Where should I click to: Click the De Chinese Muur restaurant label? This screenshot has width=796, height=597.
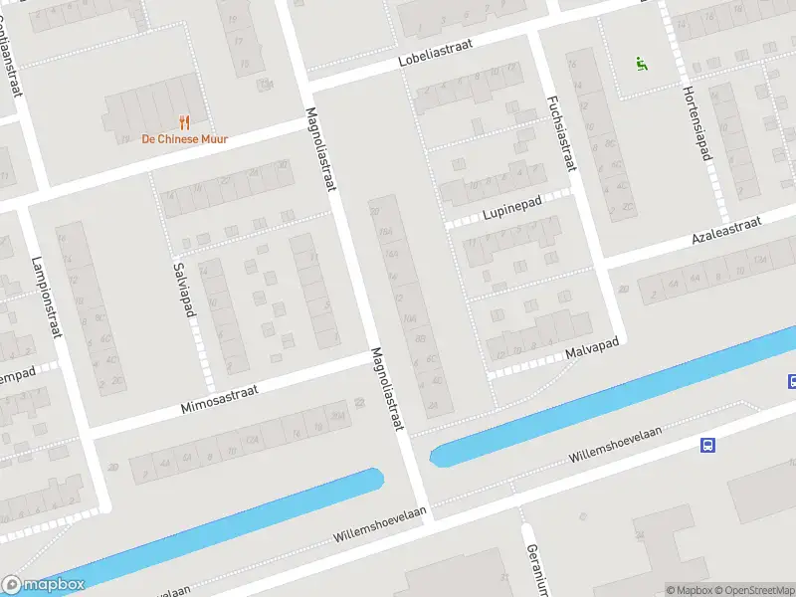click(x=184, y=139)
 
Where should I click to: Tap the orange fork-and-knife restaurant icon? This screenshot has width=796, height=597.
click(x=184, y=122)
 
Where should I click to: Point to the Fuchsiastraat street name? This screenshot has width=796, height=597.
click(x=561, y=134)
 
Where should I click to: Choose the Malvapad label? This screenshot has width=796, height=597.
click(x=592, y=348)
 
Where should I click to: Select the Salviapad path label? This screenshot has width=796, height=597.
click(x=183, y=290)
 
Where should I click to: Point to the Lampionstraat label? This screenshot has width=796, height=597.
click(x=47, y=297)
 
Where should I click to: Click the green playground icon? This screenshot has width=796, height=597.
click(x=642, y=65)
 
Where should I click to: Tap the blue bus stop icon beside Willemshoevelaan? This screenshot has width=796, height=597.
click(x=707, y=445)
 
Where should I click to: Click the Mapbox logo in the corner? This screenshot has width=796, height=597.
click(x=43, y=585)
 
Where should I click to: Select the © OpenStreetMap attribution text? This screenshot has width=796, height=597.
click(x=755, y=590)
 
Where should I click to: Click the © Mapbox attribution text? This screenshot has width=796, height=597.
click(x=688, y=590)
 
